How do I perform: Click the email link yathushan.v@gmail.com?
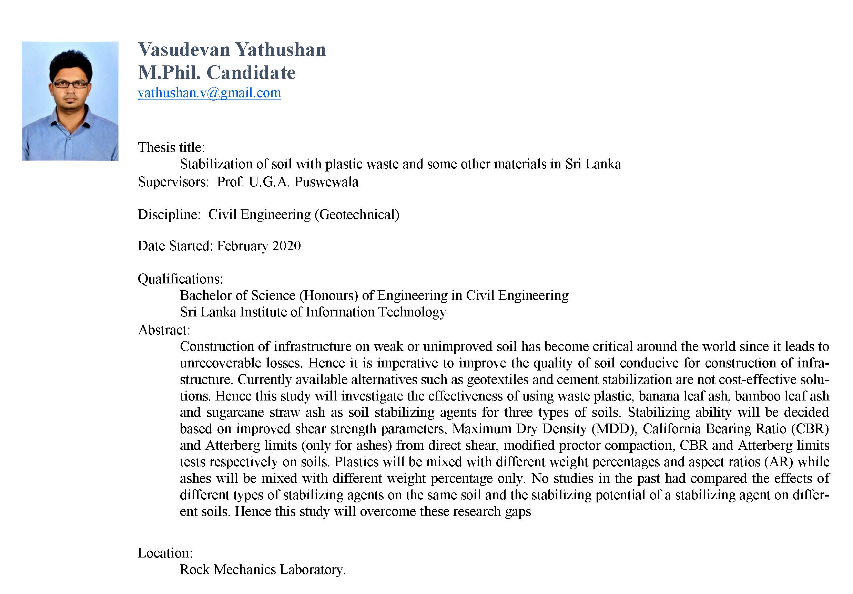[209, 93]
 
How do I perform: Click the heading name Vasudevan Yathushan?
[232, 50]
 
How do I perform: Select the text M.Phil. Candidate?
[217, 72]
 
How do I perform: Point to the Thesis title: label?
[171, 147]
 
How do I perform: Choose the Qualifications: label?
[180, 279]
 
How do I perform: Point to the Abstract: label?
[164, 330]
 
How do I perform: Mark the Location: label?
[165, 553]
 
